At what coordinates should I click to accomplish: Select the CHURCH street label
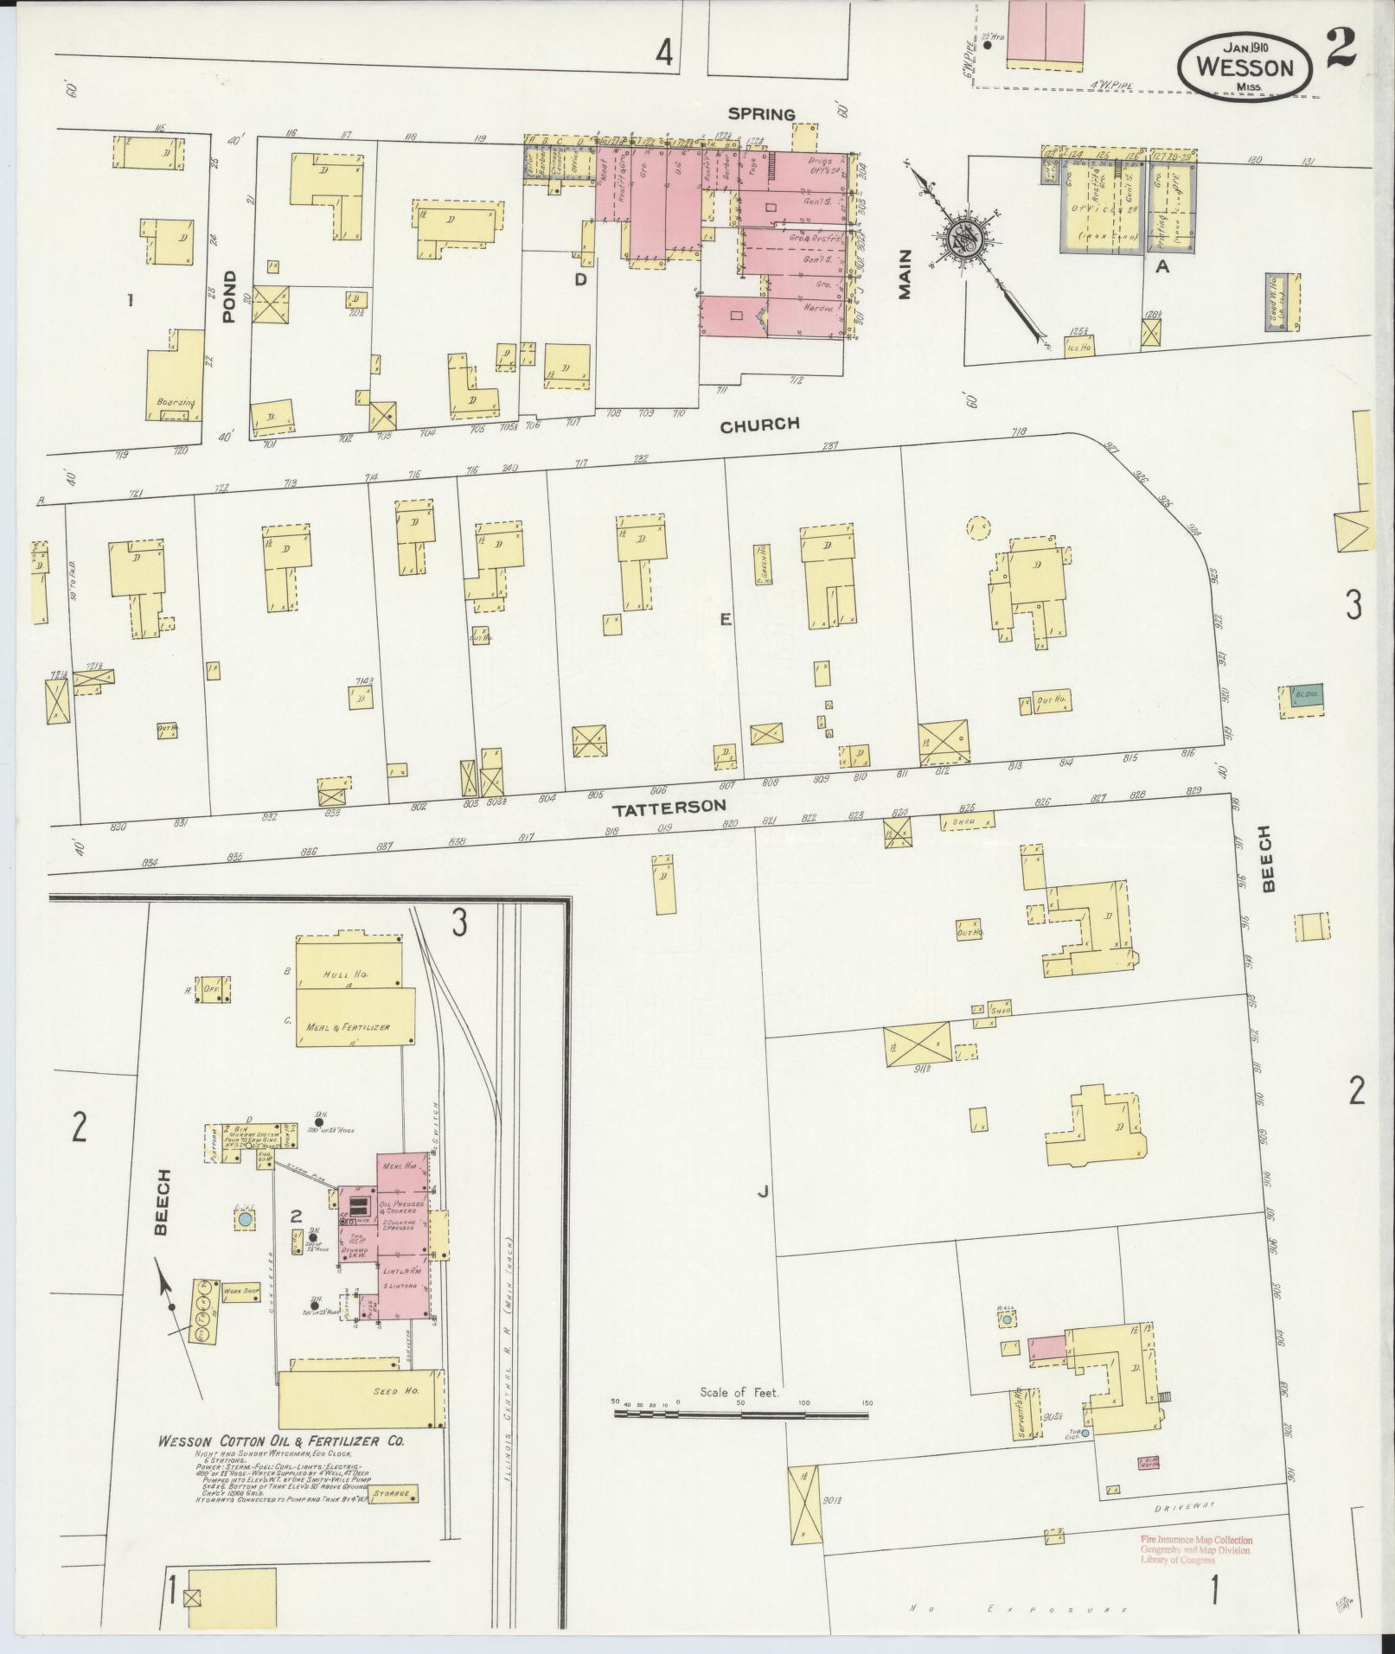coord(760,425)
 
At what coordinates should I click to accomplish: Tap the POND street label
coord(229,297)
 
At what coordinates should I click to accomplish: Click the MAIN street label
coord(905,274)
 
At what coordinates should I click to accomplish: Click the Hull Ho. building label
coord(346,974)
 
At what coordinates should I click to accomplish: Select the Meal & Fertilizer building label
coord(349,1027)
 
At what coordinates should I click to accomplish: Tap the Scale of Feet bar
coord(741,1415)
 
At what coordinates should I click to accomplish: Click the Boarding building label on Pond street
coord(176,403)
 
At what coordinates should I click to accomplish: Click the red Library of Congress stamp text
coord(1195,1549)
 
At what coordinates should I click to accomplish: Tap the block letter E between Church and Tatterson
coord(726,618)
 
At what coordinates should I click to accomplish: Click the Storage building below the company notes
coord(391,1493)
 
